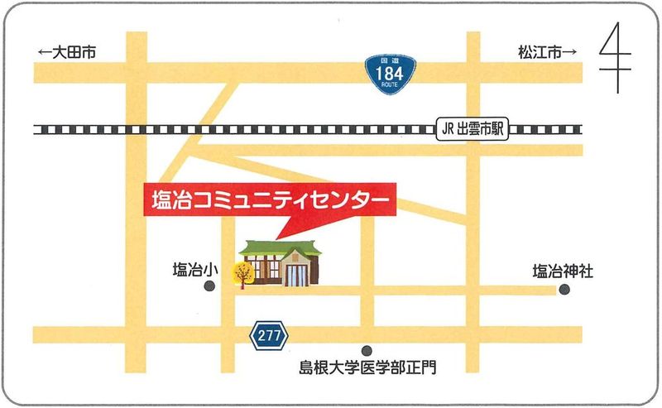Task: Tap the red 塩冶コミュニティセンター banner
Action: (x=270, y=200)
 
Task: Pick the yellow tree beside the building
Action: (x=243, y=272)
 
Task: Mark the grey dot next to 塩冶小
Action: (x=209, y=286)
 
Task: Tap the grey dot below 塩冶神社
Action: (x=564, y=289)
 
